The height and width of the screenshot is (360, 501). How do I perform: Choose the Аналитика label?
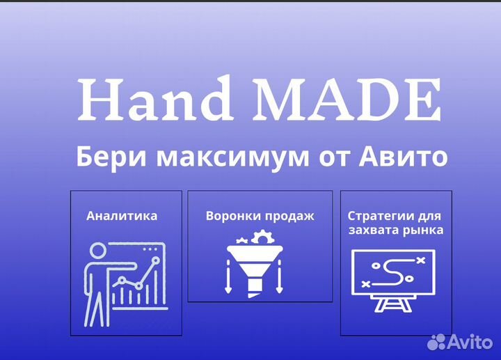point(122,215)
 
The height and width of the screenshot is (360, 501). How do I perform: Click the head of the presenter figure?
point(97,251)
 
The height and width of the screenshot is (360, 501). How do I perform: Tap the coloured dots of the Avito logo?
point(436,341)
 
